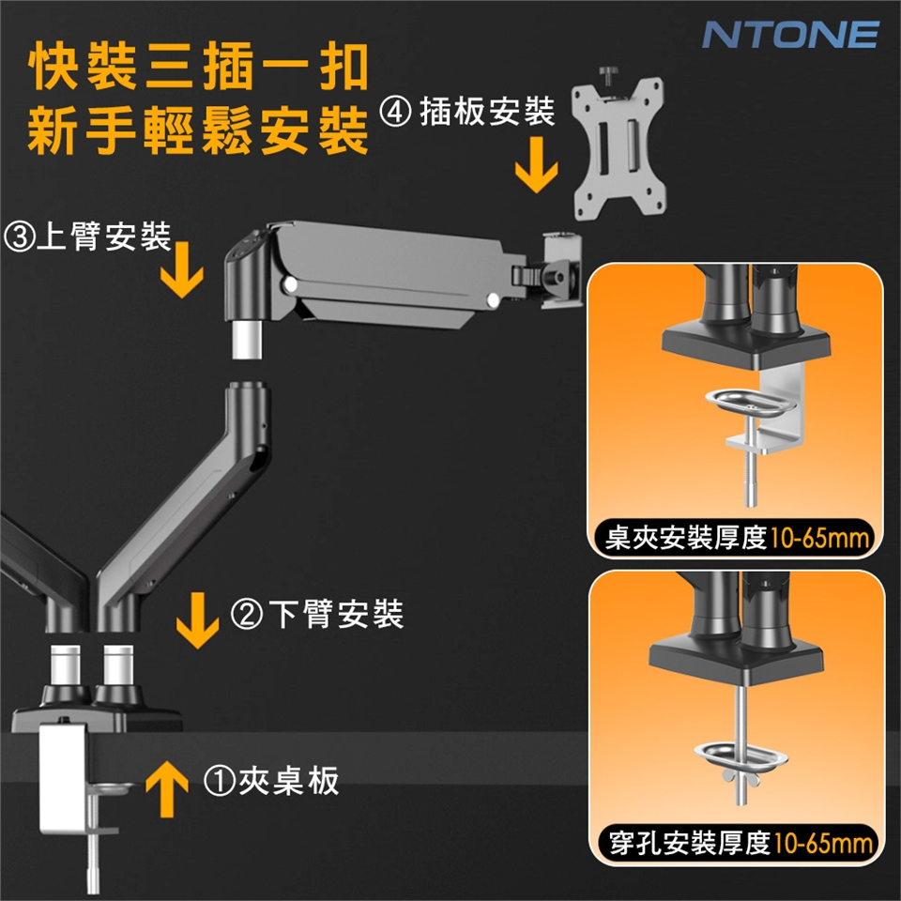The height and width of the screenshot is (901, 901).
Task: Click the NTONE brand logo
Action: [x=790, y=35]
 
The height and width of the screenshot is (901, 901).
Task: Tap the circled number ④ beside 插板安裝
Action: [x=395, y=112]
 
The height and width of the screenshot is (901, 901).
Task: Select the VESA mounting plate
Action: [x=618, y=148]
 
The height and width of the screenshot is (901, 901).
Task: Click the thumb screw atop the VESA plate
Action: [x=608, y=76]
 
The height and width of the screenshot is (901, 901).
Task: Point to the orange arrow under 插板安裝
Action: [x=536, y=164]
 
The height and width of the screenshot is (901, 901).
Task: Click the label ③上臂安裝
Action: [x=88, y=237]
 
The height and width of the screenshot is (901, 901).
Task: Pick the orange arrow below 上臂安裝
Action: [x=181, y=269]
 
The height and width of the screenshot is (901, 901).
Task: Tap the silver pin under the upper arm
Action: [x=247, y=340]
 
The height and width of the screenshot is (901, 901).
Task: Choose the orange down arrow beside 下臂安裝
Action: [x=198, y=620]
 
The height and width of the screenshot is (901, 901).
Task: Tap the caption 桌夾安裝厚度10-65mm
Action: [x=737, y=539]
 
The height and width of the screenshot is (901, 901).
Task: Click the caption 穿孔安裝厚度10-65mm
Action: [x=741, y=843]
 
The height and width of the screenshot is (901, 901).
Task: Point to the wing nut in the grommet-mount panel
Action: [x=741, y=779]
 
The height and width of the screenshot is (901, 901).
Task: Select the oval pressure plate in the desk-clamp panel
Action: [x=750, y=403]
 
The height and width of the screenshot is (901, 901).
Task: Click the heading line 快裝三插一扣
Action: [x=199, y=67]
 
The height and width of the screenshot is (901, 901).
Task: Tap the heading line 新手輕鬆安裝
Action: [x=199, y=131]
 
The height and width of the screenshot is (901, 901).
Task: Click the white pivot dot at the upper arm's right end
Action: [x=493, y=299]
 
